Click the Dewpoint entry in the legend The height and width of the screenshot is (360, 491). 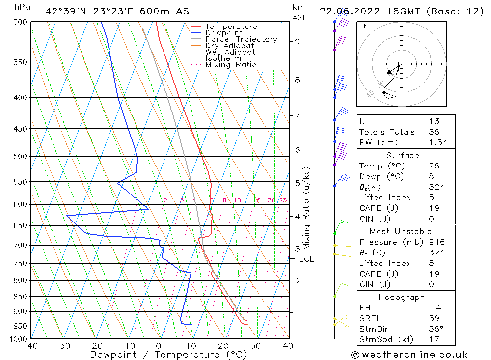coord(223,33)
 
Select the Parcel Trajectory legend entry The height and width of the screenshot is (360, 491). coord(241,39)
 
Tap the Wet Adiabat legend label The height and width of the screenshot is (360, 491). coord(230,52)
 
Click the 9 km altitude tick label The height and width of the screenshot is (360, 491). coord(297,42)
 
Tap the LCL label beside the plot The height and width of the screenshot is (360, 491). coord(306,259)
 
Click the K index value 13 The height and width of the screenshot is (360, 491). coord(434,121)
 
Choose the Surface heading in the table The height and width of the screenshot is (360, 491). coord(403,155)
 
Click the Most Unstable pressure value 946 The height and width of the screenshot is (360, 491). coord(436,242)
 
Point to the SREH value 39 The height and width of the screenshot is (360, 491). coord(434,318)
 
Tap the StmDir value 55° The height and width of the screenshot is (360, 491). coord(436,329)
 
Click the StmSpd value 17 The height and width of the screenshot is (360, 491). coord(434,339)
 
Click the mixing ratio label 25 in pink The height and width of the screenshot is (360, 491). coord(283,200)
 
